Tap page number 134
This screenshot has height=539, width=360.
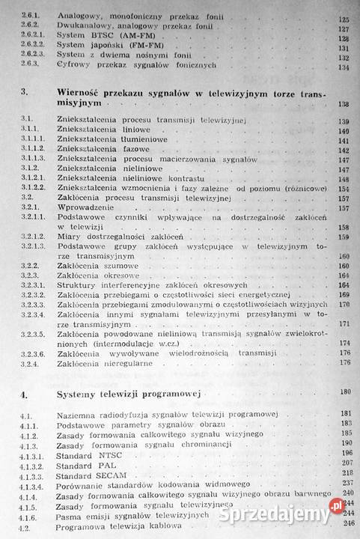(344, 65)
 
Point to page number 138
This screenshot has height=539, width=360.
(344, 103)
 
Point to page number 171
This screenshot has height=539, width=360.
(344, 323)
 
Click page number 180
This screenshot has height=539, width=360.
(344, 392)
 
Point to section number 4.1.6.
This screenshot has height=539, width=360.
(30, 517)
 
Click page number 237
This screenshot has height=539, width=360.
(345, 484)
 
